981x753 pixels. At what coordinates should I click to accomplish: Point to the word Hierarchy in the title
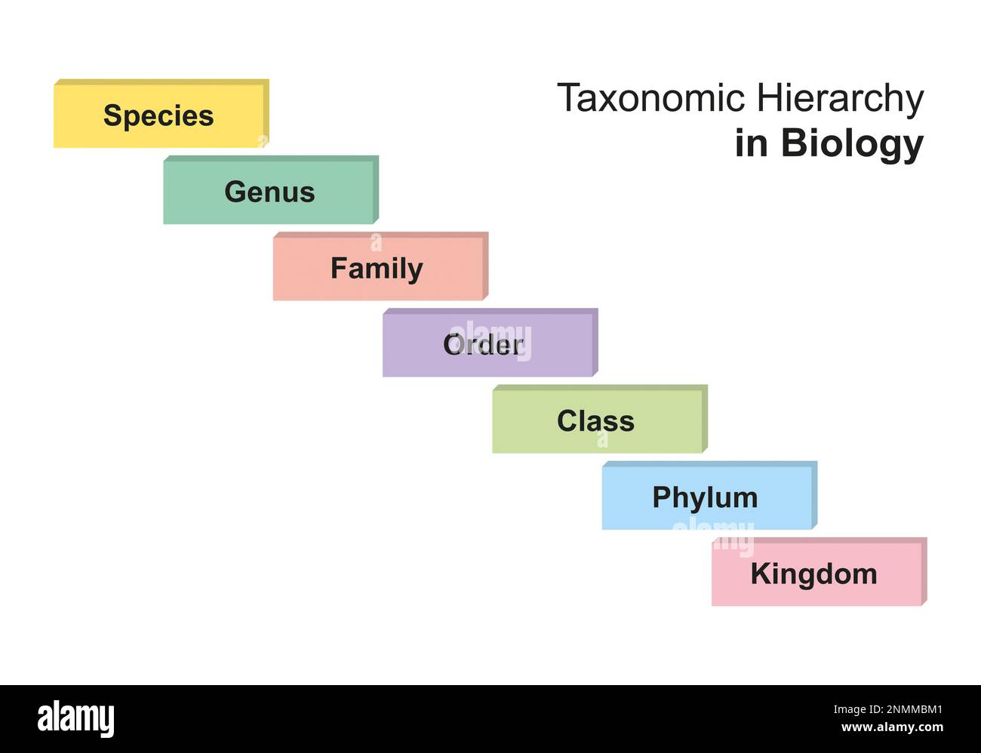[x=840, y=99]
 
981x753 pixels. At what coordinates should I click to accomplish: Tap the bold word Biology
[x=852, y=143]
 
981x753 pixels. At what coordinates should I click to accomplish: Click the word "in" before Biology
[x=751, y=143]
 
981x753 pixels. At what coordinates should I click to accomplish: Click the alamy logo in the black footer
[x=76, y=718]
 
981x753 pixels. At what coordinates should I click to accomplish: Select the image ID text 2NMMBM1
[x=888, y=710]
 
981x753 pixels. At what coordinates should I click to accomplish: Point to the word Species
[x=158, y=115]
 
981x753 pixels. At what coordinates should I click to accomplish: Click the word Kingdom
[x=813, y=575]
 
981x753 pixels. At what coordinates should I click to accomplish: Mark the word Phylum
[x=705, y=498]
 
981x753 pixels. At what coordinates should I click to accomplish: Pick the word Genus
[x=269, y=192]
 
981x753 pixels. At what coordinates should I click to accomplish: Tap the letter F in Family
[x=340, y=269]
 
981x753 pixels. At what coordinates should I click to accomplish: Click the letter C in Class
[x=567, y=421]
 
